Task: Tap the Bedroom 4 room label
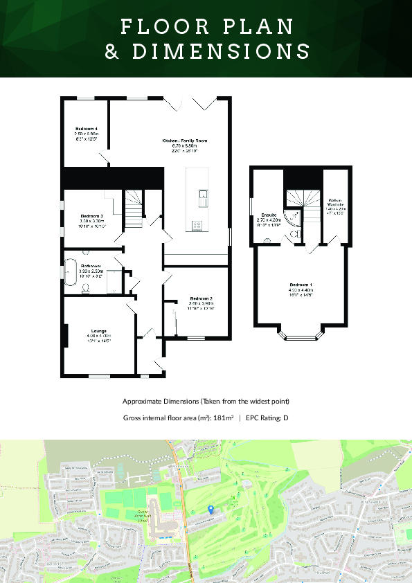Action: tap(87, 129)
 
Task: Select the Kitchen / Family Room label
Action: tap(185, 141)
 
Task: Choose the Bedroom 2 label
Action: tap(201, 298)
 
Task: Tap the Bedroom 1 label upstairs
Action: tap(301, 285)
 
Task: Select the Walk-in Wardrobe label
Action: tap(336, 203)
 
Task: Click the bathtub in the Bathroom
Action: tap(71, 272)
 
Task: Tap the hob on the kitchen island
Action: tap(196, 224)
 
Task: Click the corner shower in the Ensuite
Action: tap(293, 218)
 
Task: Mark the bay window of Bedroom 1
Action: tap(301, 338)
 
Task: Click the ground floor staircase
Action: tap(133, 204)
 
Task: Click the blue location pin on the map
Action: tap(211, 509)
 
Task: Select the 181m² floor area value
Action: tap(222, 418)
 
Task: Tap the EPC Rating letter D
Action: tap(285, 418)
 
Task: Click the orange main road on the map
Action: tap(182, 485)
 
